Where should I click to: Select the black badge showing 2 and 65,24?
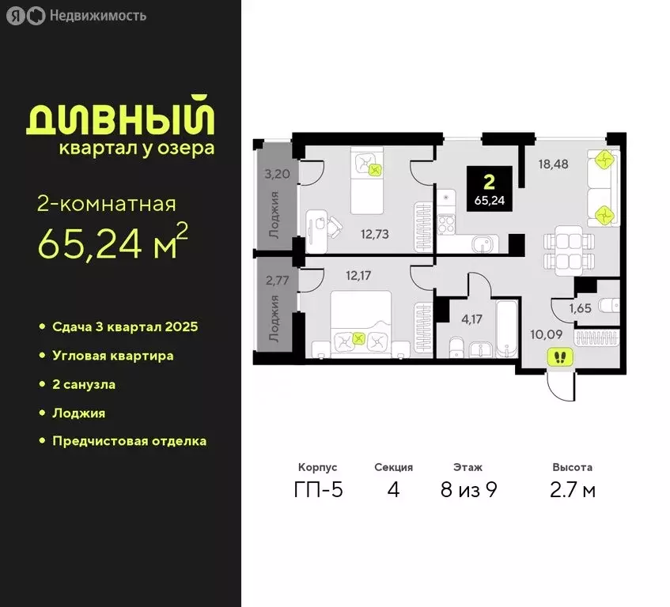pyautogui.click(x=489, y=189)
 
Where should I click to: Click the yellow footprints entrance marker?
pyautogui.click(x=561, y=357)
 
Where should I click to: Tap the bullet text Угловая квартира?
pyautogui.click(x=113, y=356)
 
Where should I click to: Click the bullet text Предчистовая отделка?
pyautogui.click(x=130, y=441)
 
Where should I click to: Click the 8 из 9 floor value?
pyautogui.click(x=468, y=490)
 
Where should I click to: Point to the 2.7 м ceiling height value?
pyautogui.click(x=573, y=490)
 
